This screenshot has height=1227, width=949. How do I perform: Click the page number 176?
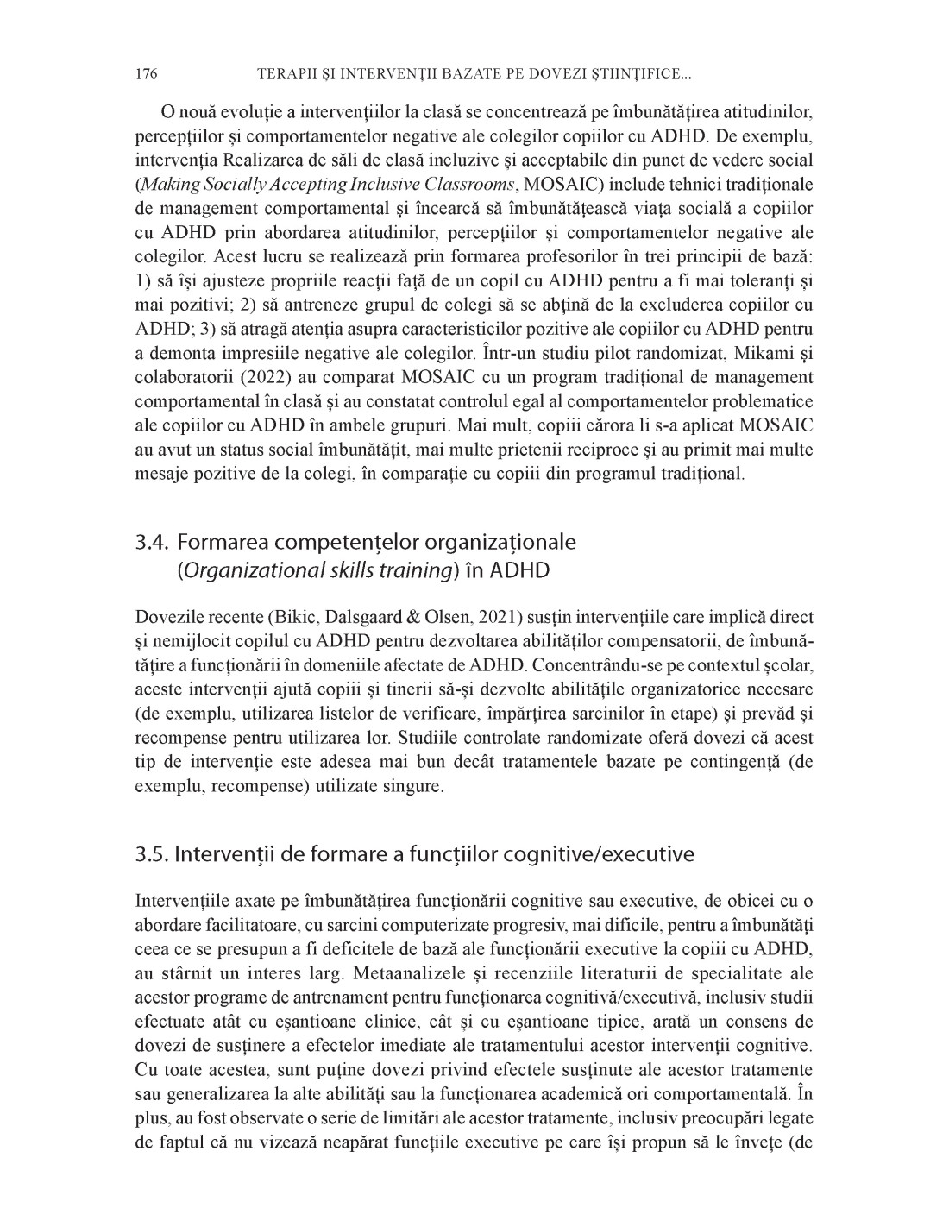146,74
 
